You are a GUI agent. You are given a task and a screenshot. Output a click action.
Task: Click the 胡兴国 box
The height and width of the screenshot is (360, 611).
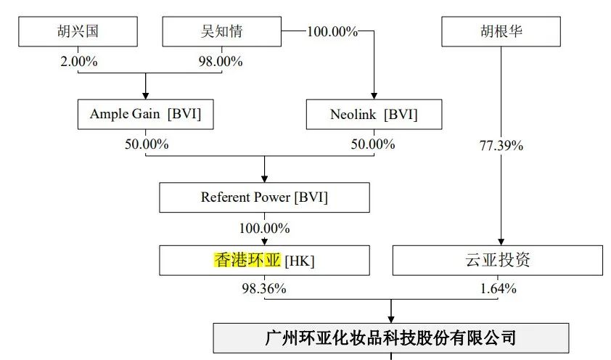tap(78, 31)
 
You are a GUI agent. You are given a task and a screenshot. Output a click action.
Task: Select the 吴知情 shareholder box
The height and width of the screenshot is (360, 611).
tap(222, 31)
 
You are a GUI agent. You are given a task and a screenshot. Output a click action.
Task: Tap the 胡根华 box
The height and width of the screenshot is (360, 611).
tap(501, 31)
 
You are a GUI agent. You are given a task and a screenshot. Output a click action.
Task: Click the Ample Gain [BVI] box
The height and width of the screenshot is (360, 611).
tap(145, 114)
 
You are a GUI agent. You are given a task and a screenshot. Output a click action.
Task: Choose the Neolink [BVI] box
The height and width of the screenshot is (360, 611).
tap(374, 114)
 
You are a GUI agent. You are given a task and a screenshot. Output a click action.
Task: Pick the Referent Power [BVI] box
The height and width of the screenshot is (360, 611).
tap(265, 197)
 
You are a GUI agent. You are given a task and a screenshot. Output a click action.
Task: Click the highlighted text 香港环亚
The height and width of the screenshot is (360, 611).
tap(247, 260)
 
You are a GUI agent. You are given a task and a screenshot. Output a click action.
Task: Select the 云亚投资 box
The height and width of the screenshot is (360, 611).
tap(498, 261)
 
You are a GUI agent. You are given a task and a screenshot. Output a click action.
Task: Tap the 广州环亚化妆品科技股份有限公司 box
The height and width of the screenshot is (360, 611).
tap(391, 337)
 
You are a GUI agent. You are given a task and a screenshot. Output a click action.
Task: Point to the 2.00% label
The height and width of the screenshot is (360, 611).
tap(78, 61)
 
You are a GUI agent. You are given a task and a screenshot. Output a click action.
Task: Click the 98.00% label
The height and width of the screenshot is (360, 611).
tap(221, 61)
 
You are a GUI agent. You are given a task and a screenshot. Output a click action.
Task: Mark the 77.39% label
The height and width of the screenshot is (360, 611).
tap(501, 146)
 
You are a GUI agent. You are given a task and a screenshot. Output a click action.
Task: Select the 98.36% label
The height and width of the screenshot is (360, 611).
tap(264, 288)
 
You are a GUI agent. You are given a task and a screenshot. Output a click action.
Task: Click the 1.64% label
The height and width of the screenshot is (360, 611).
tap(498, 289)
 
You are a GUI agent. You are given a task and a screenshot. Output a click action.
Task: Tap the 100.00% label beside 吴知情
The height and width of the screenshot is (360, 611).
tap(332, 31)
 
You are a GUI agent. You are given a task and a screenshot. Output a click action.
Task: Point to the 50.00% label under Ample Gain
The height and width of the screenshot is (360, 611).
tap(147, 144)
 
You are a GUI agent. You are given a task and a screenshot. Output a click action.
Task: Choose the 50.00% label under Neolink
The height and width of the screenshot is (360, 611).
tap(373, 144)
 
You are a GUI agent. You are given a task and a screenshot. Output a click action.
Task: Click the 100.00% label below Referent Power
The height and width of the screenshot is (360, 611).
tap(265, 229)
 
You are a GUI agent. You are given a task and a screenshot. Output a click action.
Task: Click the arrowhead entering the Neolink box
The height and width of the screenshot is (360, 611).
tap(374, 97)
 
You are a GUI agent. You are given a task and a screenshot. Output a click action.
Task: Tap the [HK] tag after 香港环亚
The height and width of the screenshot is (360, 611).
tap(300, 261)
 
